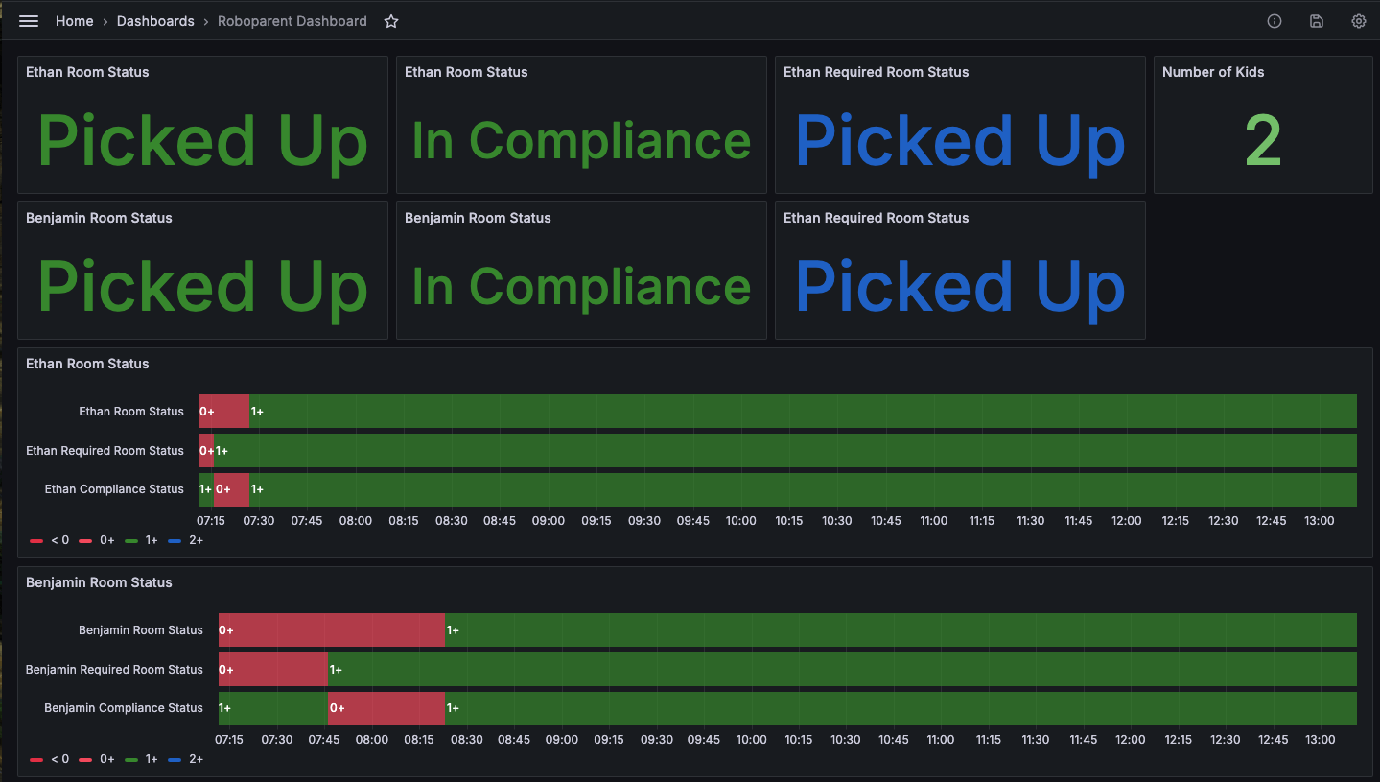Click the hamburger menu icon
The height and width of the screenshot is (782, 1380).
click(29, 21)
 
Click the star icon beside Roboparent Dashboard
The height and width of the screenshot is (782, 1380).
click(391, 21)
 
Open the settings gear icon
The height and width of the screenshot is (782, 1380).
click(1358, 21)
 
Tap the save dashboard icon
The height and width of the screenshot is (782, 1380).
click(1317, 21)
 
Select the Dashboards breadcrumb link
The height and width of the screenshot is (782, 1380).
click(155, 21)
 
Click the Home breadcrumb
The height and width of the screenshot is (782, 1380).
click(74, 21)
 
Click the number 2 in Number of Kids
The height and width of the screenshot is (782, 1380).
click(1263, 141)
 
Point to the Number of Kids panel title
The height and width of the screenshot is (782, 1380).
click(1213, 72)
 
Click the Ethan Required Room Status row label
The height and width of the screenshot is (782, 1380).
click(105, 450)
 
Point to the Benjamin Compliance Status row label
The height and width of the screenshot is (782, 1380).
click(124, 708)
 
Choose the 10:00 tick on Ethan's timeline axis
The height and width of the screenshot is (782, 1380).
click(740, 521)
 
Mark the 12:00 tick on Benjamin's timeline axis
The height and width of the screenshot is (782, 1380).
click(1131, 740)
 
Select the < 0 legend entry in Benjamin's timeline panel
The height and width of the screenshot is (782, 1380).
click(50, 759)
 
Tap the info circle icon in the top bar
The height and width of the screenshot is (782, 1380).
click(1275, 21)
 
